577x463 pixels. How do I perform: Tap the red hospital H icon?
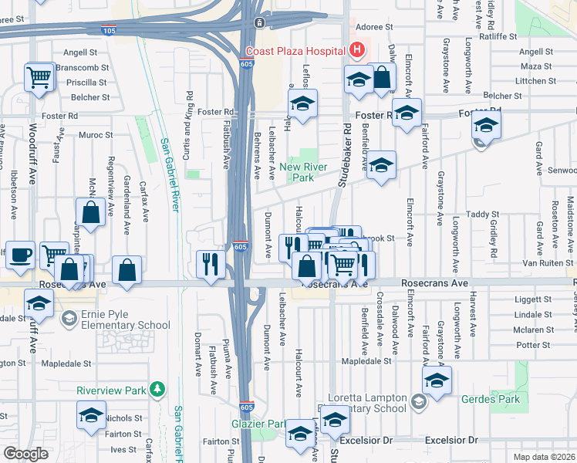[x=356, y=51]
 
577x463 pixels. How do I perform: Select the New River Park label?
[x=304, y=172]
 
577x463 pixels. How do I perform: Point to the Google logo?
[x=25, y=454]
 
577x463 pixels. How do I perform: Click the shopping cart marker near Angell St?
[x=39, y=77]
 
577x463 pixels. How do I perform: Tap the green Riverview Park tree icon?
[x=157, y=388]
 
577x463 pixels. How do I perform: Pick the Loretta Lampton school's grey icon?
[x=417, y=401]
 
